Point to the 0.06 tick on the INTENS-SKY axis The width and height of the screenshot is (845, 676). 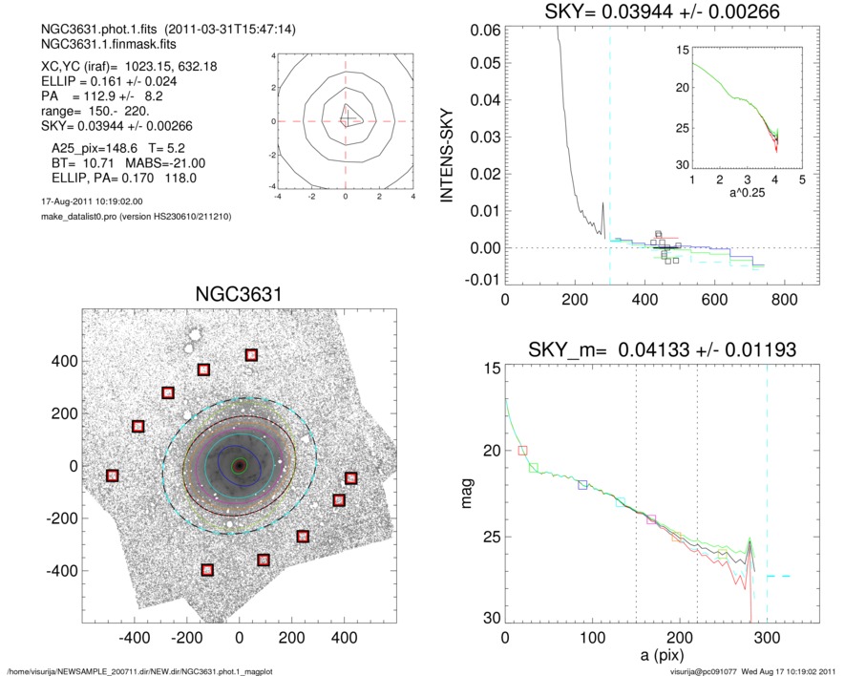[x=484, y=31]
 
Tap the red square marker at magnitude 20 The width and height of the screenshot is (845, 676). [x=522, y=450]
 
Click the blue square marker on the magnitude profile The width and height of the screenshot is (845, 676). [x=583, y=485]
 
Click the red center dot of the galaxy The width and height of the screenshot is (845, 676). [x=239, y=465]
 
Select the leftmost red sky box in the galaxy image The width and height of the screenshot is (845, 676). [x=112, y=475]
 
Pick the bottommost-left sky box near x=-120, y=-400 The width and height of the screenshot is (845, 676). [x=207, y=570]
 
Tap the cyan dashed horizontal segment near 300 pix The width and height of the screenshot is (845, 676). [x=780, y=576]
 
